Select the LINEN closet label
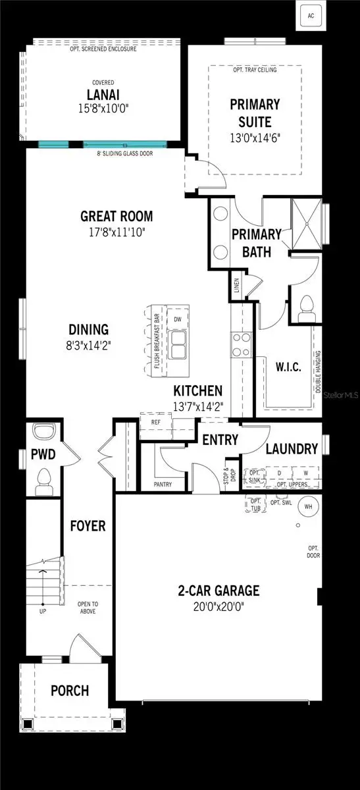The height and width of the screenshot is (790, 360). (x=236, y=286)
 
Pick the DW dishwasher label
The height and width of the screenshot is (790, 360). (x=177, y=319)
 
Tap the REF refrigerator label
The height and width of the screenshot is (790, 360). (x=155, y=422)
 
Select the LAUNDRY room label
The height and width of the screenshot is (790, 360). (x=292, y=448)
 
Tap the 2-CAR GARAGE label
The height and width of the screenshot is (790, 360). (x=219, y=590)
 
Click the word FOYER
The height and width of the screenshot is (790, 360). (x=88, y=526)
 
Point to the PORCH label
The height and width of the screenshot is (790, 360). (x=70, y=691)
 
